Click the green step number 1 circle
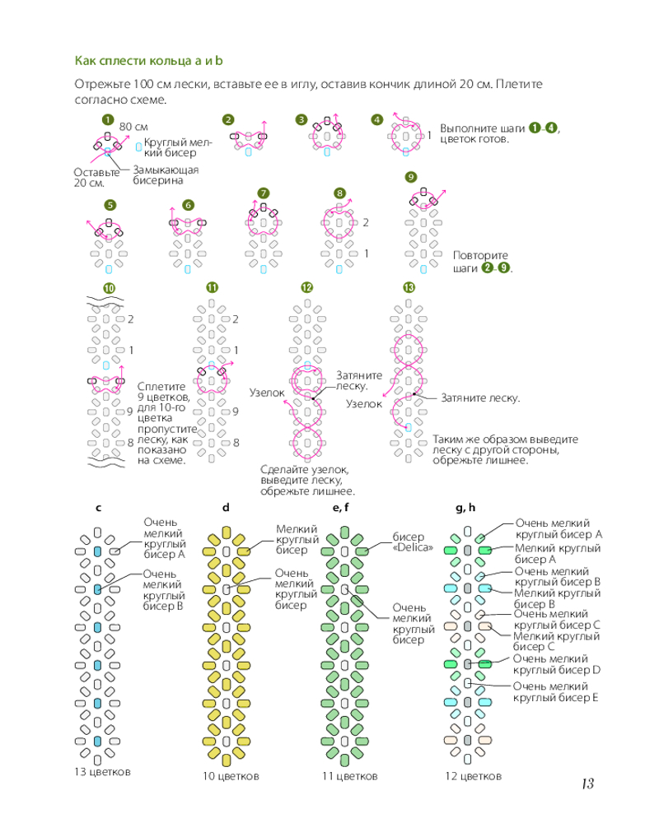(107, 119)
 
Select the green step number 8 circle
(339, 193)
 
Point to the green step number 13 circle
(408, 287)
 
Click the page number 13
(587, 783)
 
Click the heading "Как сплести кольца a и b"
(150, 61)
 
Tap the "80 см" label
(133, 126)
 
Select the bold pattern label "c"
(98, 508)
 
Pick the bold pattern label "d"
(226, 508)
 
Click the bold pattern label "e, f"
(341, 508)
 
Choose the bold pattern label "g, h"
(466, 508)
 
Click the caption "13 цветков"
(102, 772)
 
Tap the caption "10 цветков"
(231, 776)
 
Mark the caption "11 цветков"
(350, 776)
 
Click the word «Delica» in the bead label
(413, 547)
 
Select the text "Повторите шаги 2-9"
(481, 262)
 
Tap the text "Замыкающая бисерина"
(166, 174)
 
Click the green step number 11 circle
(212, 287)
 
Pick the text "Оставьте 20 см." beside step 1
(96, 177)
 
